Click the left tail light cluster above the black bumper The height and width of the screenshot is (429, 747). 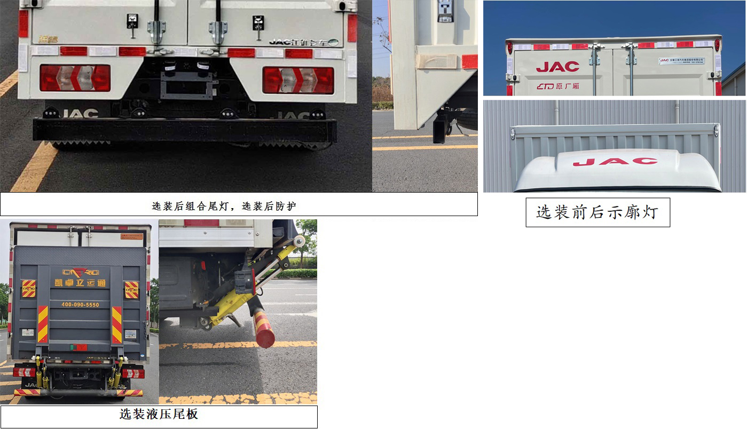75,78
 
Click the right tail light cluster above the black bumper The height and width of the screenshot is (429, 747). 298,80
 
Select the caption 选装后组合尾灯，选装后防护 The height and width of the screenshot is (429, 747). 239,205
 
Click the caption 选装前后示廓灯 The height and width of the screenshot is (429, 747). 597,212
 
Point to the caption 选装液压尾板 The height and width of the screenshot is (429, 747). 159,415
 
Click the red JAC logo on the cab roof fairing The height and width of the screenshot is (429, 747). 615,161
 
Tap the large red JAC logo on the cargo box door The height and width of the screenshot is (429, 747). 557,67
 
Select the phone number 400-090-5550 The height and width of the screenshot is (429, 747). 80,305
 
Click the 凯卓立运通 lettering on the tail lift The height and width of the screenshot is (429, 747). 80,283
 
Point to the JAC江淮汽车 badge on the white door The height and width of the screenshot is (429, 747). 303,42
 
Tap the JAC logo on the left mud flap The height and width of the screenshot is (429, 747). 80,114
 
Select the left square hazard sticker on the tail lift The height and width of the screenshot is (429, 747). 28,289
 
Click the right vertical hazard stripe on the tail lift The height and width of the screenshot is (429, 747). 117,324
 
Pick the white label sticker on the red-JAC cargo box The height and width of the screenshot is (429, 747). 681,61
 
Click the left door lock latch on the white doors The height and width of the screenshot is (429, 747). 132,22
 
